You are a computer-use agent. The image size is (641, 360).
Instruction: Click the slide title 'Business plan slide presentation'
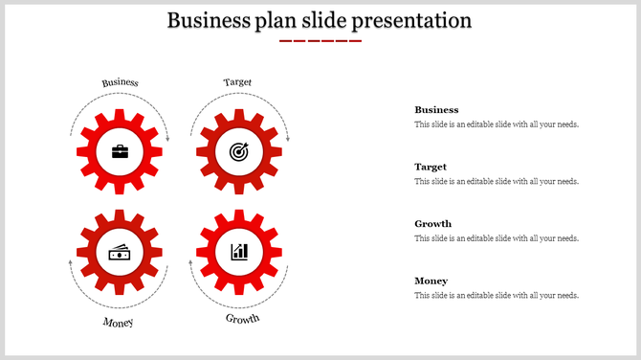pyautogui.click(x=320, y=20)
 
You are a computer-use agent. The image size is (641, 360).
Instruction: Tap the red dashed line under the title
pyautogui.click(x=320, y=41)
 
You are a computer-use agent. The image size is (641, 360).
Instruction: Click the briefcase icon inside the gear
pyautogui.click(x=120, y=151)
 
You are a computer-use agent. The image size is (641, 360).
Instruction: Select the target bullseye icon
pyautogui.click(x=238, y=151)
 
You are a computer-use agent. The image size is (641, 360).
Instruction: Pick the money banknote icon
pyautogui.click(x=120, y=252)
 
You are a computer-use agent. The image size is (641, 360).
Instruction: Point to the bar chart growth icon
pyautogui.click(x=238, y=252)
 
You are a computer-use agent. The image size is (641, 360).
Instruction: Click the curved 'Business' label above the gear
pyautogui.click(x=121, y=82)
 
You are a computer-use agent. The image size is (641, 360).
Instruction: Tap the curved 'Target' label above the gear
pyautogui.click(x=238, y=82)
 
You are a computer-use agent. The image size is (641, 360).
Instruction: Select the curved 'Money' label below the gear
pyautogui.click(x=119, y=322)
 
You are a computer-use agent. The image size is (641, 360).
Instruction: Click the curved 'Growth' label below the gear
pyautogui.click(x=242, y=319)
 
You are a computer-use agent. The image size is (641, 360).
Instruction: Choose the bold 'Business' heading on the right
pyautogui.click(x=436, y=110)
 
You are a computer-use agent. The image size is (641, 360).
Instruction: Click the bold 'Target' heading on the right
pyautogui.click(x=431, y=167)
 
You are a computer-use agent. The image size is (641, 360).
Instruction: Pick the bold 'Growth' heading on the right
pyautogui.click(x=432, y=224)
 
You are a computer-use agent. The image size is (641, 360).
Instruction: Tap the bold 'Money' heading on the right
pyautogui.click(x=431, y=281)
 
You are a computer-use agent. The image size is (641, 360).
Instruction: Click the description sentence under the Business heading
pyautogui.click(x=497, y=124)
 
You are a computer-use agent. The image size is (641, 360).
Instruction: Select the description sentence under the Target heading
pyautogui.click(x=497, y=181)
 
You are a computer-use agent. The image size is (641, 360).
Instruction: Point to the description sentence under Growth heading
pyautogui.click(x=497, y=238)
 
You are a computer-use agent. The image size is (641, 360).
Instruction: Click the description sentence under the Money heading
pyautogui.click(x=497, y=296)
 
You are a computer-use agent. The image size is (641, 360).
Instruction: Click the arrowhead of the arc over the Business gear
pyautogui.click(x=167, y=140)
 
